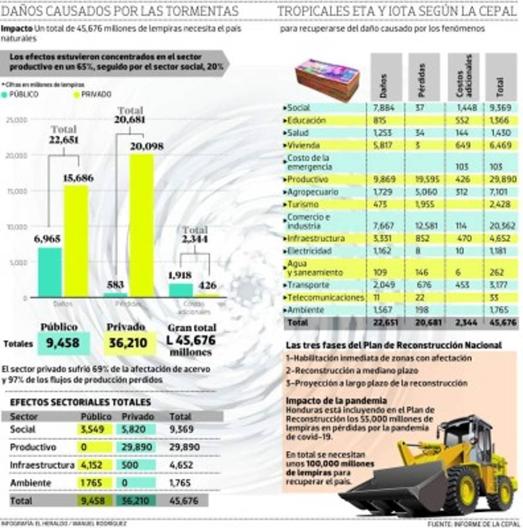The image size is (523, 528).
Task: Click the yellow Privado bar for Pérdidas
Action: [x=141, y=226]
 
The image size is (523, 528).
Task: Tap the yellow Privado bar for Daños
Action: [x=76, y=241]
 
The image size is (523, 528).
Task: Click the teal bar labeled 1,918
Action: [x=181, y=290]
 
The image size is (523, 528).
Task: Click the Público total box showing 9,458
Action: [x=64, y=343]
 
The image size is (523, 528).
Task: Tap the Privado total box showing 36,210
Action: [x=130, y=343]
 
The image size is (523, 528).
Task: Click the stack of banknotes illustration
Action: [x=327, y=79]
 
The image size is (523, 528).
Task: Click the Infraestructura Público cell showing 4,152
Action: [x=91, y=465]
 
